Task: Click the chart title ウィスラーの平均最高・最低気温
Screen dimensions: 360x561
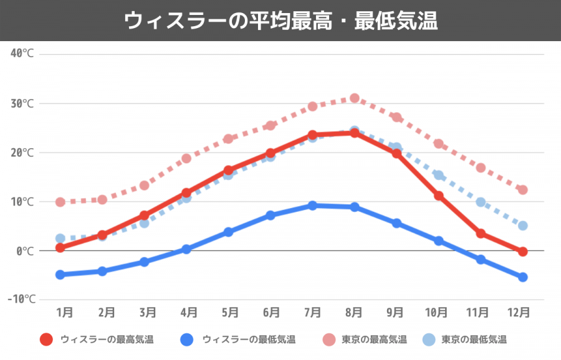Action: click(x=280, y=21)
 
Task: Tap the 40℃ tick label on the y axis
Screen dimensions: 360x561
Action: click(x=22, y=54)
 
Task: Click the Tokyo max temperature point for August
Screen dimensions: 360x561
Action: click(x=355, y=98)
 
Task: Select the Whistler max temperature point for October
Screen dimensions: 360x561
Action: click(x=439, y=196)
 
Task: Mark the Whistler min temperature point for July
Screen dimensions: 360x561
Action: click(x=312, y=206)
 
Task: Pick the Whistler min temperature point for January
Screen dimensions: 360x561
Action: click(x=60, y=275)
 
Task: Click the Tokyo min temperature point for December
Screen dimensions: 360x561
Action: click(x=523, y=225)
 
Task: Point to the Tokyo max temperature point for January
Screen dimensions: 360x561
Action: click(x=60, y=202)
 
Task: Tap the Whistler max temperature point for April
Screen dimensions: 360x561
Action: click(x=186, y=193)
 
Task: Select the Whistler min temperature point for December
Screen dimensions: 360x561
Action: click(x=523, y=277)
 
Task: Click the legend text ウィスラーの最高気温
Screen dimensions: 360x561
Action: click(x=107, y=339)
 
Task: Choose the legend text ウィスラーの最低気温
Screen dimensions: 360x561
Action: click(x=249, y=339)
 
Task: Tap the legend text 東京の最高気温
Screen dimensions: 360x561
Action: click(x=374, y=339)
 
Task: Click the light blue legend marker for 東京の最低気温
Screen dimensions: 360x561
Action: click(x=428, y=339)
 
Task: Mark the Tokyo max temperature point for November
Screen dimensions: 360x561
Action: click(x=481, y=168)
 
